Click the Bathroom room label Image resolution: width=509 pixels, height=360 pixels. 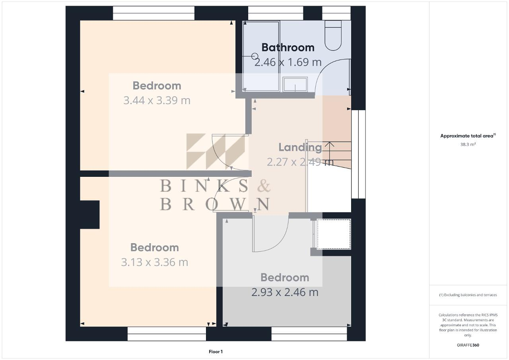[x=288, y=47]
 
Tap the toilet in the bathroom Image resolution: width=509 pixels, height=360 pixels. [x=333, y=35]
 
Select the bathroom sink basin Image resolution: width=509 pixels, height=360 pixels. [x=295, y=84]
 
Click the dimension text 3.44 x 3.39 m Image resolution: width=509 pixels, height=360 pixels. [x=157, y=100]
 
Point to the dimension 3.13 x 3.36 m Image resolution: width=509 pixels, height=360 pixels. [x=155, y=262]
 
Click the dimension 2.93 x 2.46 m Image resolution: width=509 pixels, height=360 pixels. [x=285, y=292]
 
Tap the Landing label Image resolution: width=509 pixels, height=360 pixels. [x=300, y=147]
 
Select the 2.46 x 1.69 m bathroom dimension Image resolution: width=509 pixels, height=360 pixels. [x=288, y=62]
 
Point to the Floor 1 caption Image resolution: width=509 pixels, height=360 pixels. [x=216, y=352]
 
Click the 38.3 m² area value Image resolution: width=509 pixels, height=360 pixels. [x=468, y=144]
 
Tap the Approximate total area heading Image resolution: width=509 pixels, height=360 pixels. [x=468, y=136]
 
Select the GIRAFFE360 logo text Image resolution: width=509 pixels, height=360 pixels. [x=468, y=345]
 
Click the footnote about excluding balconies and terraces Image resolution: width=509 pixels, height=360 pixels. [x=468, y=295]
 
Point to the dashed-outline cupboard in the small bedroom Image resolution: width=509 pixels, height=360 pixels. [x=334, y=234]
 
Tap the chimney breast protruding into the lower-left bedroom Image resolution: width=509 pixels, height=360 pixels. [x=90, y=215]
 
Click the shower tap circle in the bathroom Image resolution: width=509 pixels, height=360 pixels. [x=255, y=56]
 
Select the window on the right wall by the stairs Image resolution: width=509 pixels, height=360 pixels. [x=359, y=154]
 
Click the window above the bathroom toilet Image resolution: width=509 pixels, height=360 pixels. [x=336, y=13]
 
